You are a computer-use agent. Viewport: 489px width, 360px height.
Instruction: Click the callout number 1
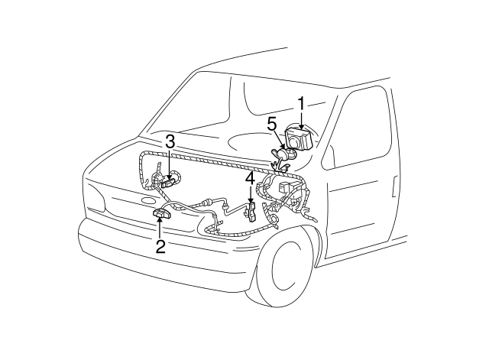tap(301, 102)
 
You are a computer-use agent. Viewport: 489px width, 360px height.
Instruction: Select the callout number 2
tap(160, 245)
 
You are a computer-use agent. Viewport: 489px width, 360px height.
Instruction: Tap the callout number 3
tap(170, 141)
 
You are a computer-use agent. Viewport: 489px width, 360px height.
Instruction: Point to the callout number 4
tap(249, 178)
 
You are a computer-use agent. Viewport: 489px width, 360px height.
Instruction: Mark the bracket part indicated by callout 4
tap(250, 210)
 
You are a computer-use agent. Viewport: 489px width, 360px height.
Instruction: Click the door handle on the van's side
tap(394, 183)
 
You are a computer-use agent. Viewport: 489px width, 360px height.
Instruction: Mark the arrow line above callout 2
tap(160, 228)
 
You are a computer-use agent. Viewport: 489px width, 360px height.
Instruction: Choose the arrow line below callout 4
tap(250, 194)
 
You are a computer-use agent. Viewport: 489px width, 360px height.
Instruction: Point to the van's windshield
tap(229, 107)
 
